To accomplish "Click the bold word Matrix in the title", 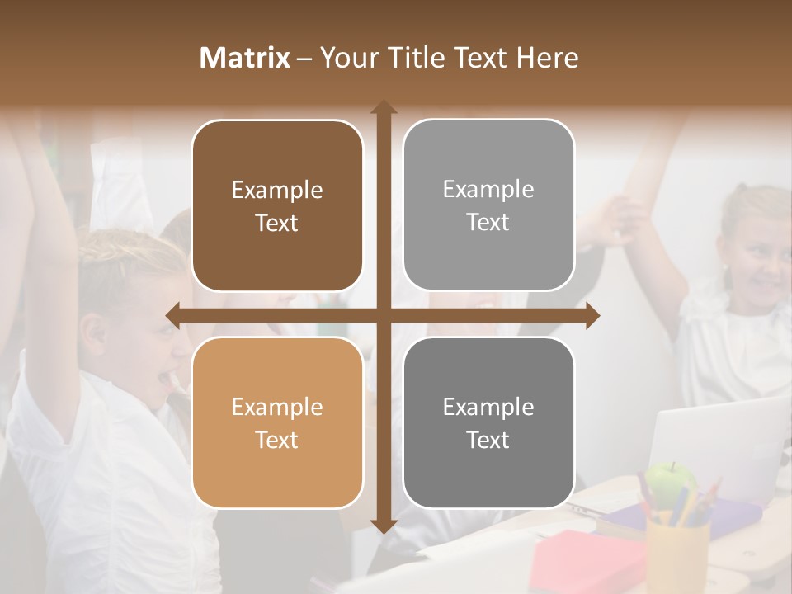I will [245, 58].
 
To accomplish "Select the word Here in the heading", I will [548, 58].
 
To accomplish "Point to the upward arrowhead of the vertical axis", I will [384, 108].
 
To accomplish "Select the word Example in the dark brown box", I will [277, 190].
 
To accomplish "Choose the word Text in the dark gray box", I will [488, 440].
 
